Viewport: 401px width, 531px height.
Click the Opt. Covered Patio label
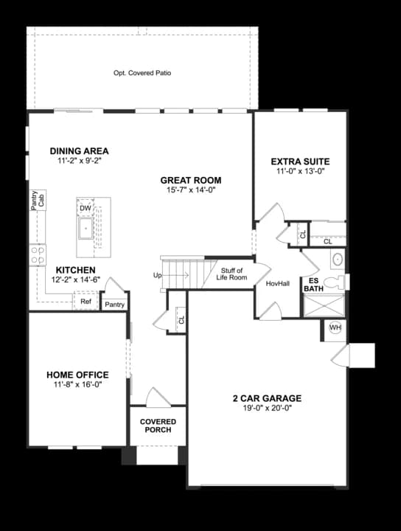click(x=142, y=73)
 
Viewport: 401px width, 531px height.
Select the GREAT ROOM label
click(x=191, y=180)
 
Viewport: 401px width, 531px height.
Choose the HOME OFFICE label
click(x=77, y=375)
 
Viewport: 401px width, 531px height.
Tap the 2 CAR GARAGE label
click(x=266, y=398)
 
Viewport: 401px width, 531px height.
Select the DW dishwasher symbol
click(x=86, y=208)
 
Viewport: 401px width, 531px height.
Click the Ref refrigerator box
click(x=86, y=302)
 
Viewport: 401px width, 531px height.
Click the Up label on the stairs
click(x=157, y=276)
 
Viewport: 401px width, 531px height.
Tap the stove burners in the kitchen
click(x=36, y=255)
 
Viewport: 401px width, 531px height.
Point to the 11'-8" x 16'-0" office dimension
click(x=77, y=384)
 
